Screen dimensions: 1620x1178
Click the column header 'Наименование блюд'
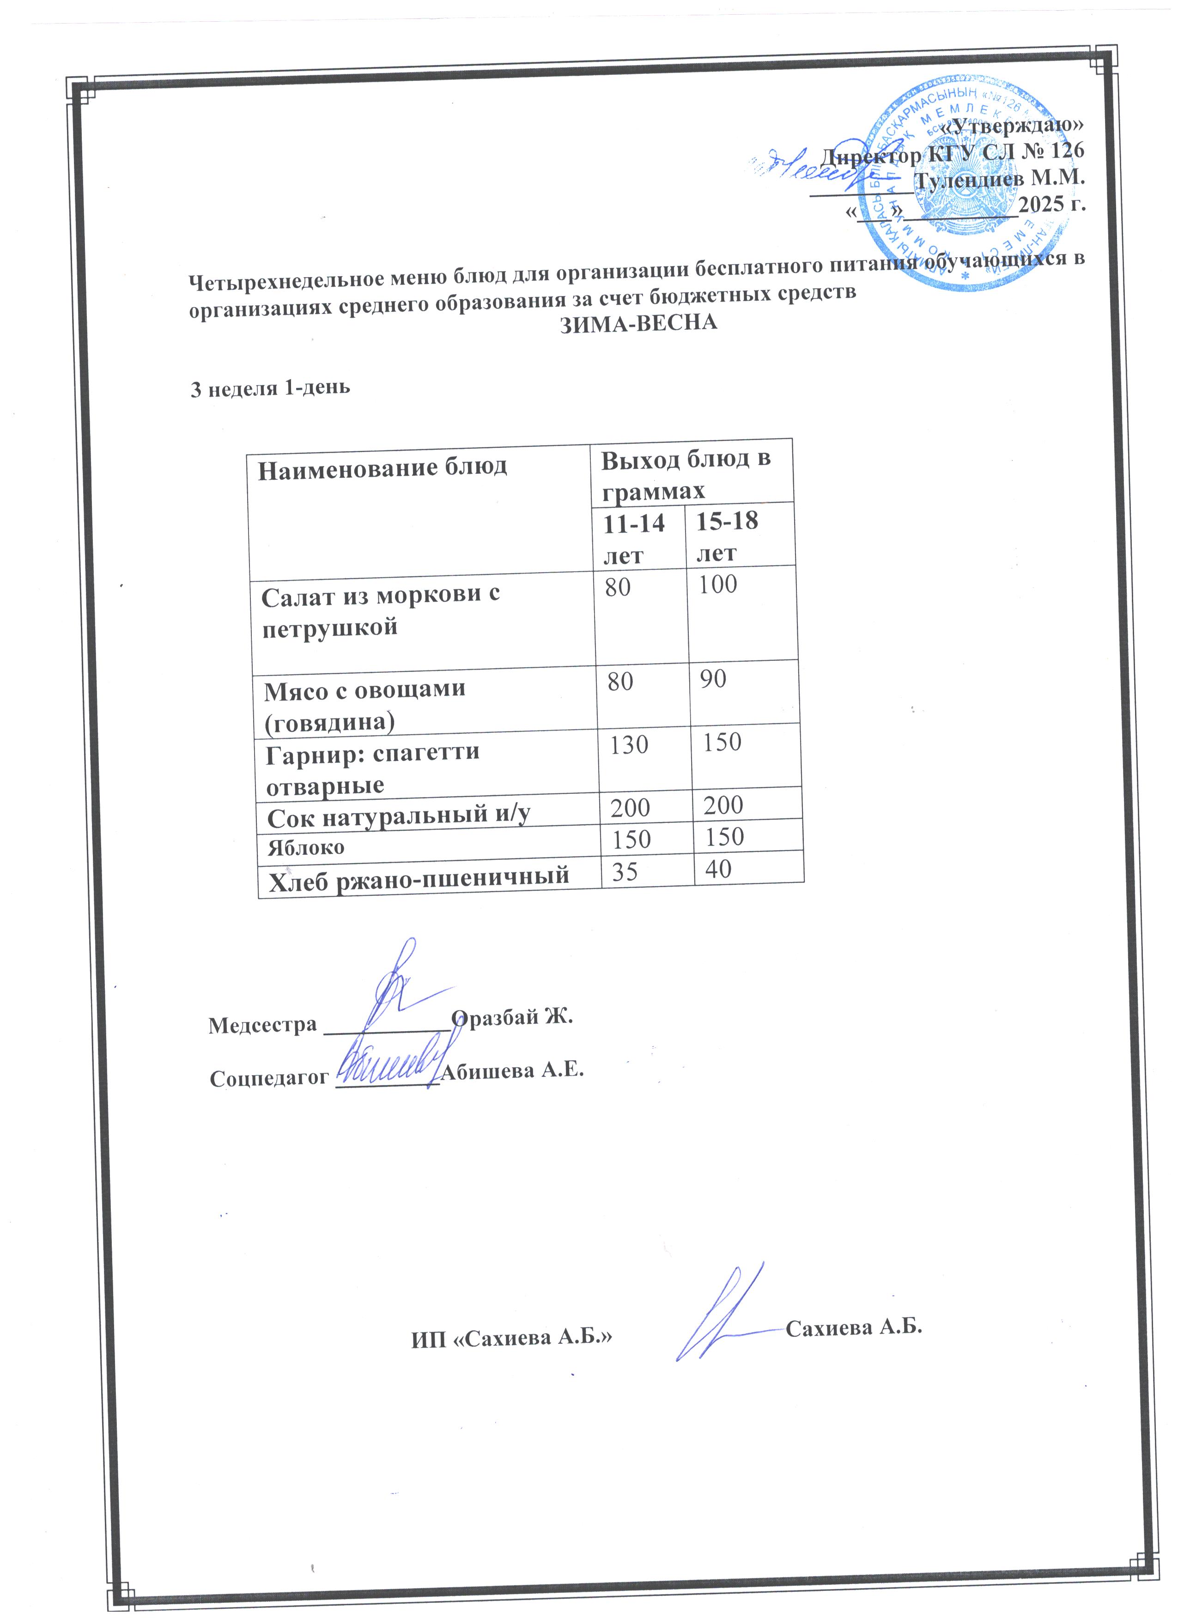pos(382,468)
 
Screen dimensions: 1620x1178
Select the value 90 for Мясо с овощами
pos(712,678)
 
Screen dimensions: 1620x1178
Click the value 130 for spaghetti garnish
pos(629,745)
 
